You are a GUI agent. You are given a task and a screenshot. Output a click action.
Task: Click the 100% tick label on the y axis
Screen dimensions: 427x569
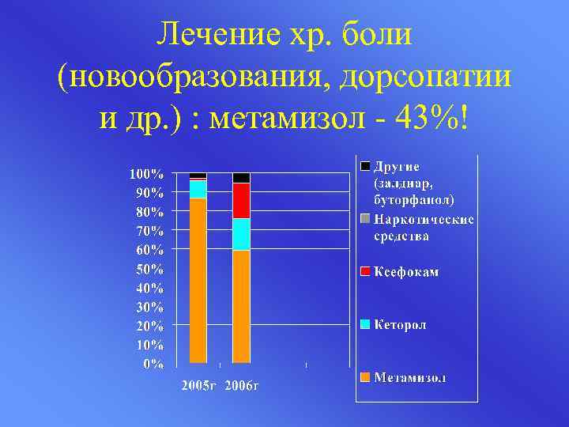point(147,173)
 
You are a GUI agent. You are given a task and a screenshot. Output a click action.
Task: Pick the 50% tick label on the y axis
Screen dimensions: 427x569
point(149,269)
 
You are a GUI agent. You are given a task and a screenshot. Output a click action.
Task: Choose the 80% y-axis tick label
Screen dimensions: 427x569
point(149,212)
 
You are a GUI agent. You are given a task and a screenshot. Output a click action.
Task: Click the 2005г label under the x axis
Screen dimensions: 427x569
point(200,386)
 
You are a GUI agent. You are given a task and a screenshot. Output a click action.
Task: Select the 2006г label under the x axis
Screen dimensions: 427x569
point(243,386)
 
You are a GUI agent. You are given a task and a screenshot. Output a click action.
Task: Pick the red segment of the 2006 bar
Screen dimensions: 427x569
point(241,200)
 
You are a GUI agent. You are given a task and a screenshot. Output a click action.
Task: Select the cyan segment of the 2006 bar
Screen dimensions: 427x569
point(241,234)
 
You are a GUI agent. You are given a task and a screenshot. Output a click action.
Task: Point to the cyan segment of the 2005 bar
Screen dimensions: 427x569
point(198,190)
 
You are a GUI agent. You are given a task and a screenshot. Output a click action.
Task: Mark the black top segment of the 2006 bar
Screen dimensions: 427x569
point(241,178)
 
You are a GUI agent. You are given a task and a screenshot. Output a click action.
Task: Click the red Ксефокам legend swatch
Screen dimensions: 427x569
point(364,272)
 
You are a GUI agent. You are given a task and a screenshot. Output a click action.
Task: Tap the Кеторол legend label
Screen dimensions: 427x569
point(401,324)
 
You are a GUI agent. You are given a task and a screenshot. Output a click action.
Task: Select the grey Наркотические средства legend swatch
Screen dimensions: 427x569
point(364,219)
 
